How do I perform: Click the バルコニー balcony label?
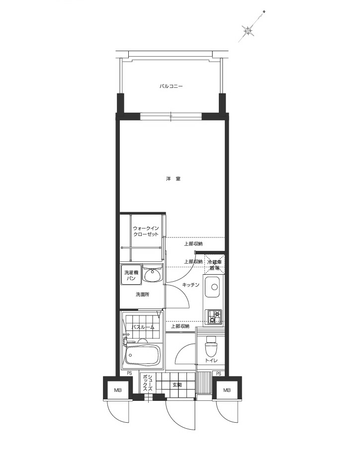click(x=171, y=86)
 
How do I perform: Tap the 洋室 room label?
click(x=173, y=178)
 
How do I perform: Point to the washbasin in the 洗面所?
click(x=152, y=274)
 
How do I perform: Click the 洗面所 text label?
click(x=143, y=295)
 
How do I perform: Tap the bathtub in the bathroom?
click(x=142, y=356)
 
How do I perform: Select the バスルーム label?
click(x=143, y=327)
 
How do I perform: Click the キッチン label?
click(x=190, y=285)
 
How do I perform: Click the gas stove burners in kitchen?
click(x=214, y=316)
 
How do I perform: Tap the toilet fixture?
click(x=211, y=343)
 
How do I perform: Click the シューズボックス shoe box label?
click(x=147, y=384)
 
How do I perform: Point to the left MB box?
click(x=118, y=390)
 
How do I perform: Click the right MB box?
click(x=227, y=390)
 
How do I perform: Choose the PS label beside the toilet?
click(x=218, y=374)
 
